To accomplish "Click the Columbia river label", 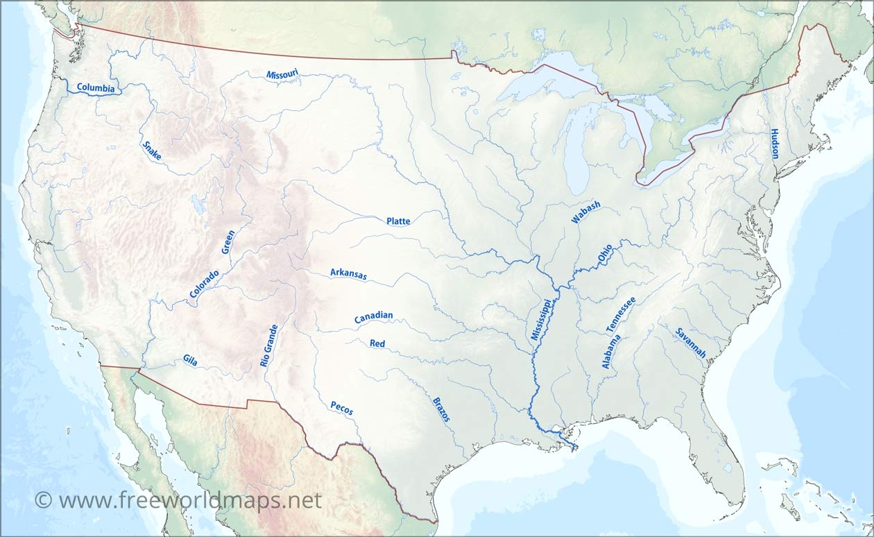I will [96, 88].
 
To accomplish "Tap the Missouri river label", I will [282, 74].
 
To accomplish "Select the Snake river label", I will [152, 151].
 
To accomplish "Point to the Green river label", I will [228, 241].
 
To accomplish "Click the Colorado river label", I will [204, 284].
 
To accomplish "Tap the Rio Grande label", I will [268, 345].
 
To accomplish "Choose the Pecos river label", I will [341, 408].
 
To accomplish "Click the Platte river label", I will [398, 221].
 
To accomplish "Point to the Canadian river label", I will [373, 317].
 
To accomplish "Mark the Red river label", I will [377, 343].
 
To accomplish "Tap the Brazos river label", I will [441, 409].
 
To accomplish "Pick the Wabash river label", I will [585, 212].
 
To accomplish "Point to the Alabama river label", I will [610, 351].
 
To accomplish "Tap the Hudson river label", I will [775, 144].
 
